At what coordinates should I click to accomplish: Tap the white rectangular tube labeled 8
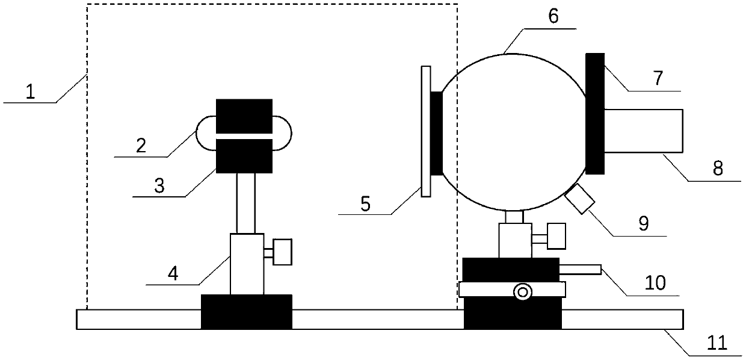tap(644, 130)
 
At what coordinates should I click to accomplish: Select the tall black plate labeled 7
tap(594, 113)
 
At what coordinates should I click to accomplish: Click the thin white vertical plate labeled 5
tap(426, 131)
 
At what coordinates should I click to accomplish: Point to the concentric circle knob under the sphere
tap(522, 292)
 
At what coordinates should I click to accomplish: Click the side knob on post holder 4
tap(282, 251)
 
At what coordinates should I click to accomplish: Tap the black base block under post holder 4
tap(246, 311)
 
